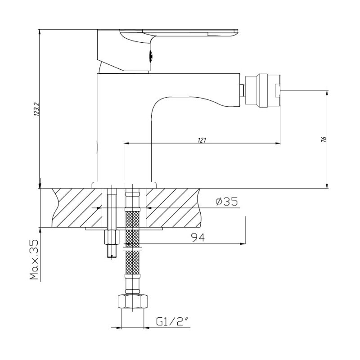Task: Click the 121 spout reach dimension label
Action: (x=202, y=140)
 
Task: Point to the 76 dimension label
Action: (x=324, y=139)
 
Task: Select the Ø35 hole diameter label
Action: (x=227, y=202)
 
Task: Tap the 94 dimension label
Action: (x=198, y=238)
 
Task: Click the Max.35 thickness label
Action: (x=34, y=260)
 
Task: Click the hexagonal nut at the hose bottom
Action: (x=133, y=301)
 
